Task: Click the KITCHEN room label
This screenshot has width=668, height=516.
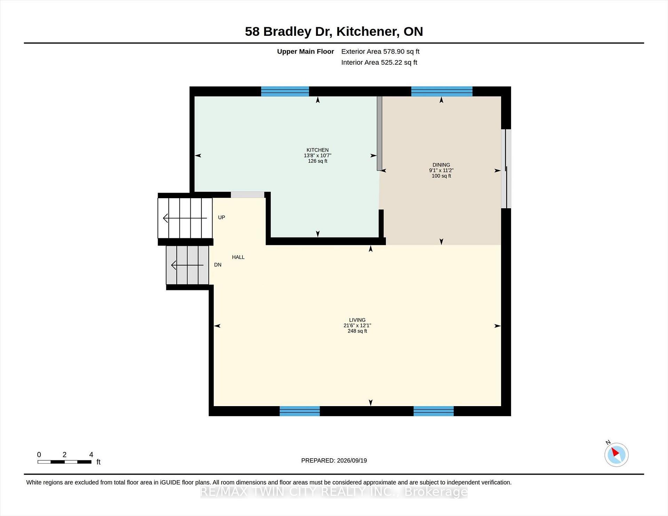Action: click(x=317, y=150)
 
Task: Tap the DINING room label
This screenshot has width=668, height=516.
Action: click(x=441, y=165)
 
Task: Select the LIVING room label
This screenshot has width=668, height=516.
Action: click(x=357, y=320)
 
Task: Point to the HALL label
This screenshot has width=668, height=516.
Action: click(x=238, y=257)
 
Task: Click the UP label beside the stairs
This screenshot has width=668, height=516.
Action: click(x=222, y=217)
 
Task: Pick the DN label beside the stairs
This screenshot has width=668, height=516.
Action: click(x=218, y=265)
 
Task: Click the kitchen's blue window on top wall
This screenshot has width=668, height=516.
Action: click(x=285, y=91)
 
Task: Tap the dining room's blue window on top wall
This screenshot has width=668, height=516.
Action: click(x=442, y=91)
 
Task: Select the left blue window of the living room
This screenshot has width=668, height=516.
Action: click(x=300, y=411)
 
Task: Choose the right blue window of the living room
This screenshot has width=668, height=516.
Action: click(x=434, y=411)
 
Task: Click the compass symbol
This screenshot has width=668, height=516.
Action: click(x=617, y=454)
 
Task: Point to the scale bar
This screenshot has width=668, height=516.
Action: click(x=64, y=462)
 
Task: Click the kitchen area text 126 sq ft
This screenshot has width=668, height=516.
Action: click(x=317, y=161)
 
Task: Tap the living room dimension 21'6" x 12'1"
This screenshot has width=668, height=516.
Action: click(x=357, y=325)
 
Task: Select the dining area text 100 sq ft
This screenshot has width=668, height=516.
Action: click(x=441, y=176)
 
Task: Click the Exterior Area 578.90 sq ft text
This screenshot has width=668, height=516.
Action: click(x=380, y=51)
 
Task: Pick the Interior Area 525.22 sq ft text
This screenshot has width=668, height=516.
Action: click(x=379, y=62)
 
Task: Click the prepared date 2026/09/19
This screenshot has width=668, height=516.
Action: click(x=352, y=460)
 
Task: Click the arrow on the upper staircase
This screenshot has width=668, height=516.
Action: click(x=185, y=218)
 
